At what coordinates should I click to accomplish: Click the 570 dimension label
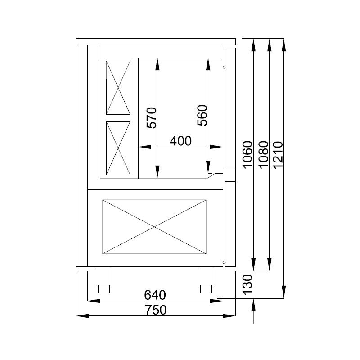pos(152,118)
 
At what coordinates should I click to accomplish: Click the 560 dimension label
pos(202,115)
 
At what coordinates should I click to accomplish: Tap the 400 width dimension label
pos(180,141)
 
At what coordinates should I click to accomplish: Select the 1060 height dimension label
pos(247,155)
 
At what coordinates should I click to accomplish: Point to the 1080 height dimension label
pos(264,155)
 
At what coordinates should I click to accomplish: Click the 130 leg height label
pos(248,284)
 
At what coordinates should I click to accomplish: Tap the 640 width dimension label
pos(155,295)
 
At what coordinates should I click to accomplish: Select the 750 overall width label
pos(156,310)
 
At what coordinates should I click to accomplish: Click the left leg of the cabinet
pos(104,280)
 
